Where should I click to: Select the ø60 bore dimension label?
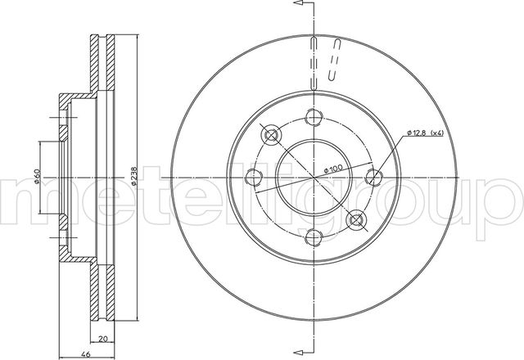coord(37,177)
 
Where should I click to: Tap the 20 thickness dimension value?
coord(103,339)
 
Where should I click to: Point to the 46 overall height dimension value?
coord(86,354)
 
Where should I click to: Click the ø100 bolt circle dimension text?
coord(333,169)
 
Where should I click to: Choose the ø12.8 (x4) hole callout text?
coord(425,133)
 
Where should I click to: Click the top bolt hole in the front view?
coord(314,117)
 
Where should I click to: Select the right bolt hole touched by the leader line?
coord(374,177)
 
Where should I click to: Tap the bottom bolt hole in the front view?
coord(314,236)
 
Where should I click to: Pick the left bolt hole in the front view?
coord(254,177)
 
